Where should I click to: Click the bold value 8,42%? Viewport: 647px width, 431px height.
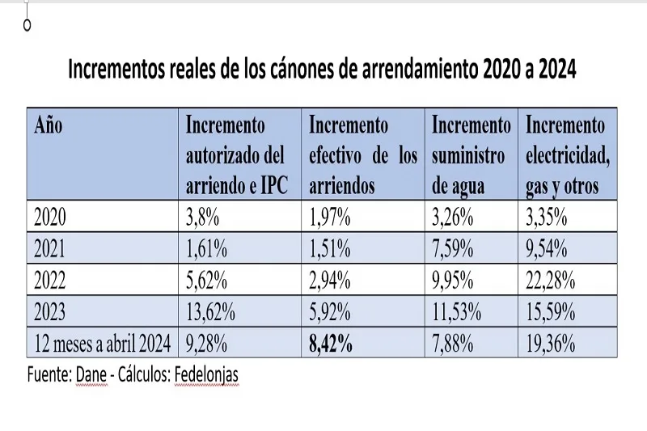330,344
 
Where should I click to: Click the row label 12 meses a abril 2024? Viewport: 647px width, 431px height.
102,344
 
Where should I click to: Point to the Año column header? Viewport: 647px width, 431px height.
49,127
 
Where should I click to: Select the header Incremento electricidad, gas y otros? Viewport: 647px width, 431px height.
567,156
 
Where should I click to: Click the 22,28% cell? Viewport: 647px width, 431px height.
551,281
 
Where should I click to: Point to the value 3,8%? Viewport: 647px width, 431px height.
204,218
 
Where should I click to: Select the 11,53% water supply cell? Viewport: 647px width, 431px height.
457,312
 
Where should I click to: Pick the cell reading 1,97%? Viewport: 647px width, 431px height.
330,218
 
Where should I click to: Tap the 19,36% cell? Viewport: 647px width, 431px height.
551,344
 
